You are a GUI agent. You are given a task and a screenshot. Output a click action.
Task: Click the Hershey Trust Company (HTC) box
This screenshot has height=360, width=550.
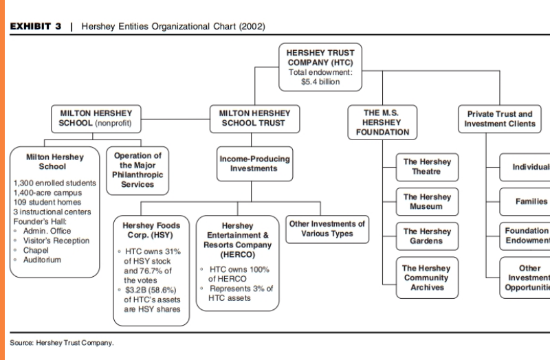pyautogui.click(x=320, y=67)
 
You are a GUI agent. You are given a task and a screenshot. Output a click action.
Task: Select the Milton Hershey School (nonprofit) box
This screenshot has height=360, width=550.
pyautogui.click(x=96, y=118)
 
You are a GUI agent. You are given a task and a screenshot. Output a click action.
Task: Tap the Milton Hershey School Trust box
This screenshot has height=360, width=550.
pyautogui.click(x=254, y=118)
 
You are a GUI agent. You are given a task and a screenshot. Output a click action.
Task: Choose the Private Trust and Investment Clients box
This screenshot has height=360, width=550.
pyautogui.click(x=500, y=119)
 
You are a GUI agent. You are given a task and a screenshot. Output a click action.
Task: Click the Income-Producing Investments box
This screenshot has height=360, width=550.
pyautogui.click(x=254, y=164)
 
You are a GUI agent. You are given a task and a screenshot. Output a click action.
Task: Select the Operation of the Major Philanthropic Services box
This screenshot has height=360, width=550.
pyautogui.click(x=137, y=170)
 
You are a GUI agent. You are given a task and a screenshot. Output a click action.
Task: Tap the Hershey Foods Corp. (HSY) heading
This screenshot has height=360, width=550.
pyautogui.click(x=151, y=230)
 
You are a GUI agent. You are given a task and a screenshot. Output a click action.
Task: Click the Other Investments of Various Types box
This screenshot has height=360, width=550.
pyautogui.click(x=327, y=229)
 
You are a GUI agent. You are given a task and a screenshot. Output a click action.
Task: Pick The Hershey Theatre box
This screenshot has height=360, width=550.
pyautogui.click(x=426, y=167)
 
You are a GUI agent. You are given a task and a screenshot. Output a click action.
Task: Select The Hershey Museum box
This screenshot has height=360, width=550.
pyautogui.click(x=426, y=202)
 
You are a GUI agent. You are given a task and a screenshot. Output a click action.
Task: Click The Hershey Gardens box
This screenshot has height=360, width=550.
pyautogui.click(x=426, y=236)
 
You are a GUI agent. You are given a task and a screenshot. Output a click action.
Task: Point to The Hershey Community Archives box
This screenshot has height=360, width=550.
pyautogui.click(x=426, y=278)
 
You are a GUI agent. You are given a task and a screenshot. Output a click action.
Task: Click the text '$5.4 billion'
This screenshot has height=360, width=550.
pyautogui.click(x=320, y=82)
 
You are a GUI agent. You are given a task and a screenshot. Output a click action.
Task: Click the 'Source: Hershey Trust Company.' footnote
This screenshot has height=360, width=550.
pyautogui.click(x=62, y=342)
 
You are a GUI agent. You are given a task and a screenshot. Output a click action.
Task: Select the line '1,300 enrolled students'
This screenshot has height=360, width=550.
pyautogui.click(x=55, y=183)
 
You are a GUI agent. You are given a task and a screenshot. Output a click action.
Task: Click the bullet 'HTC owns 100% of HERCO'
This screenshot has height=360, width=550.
pyautogui.click(x=237, y=274)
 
